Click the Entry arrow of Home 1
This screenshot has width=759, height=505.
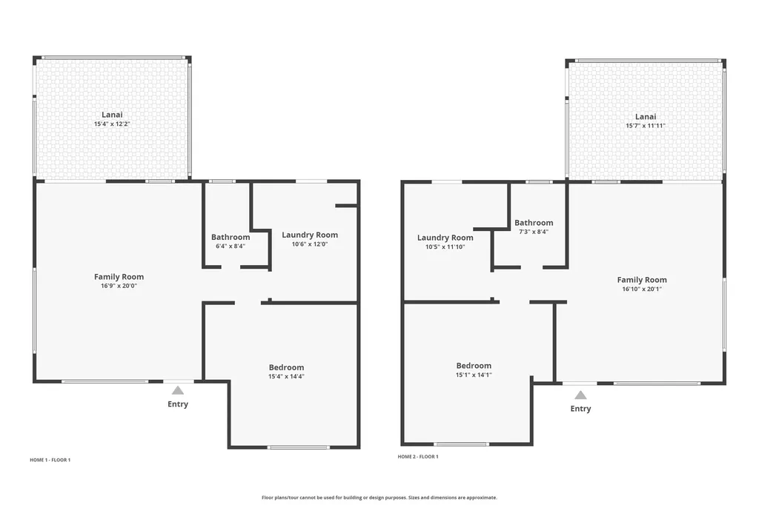point(177,389)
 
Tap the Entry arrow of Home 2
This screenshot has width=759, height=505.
point(580,395)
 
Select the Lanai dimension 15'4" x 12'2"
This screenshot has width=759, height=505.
point(112,124)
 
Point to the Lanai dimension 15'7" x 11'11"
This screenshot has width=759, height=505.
point(646,126)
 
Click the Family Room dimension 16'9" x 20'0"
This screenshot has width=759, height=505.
point(119,286)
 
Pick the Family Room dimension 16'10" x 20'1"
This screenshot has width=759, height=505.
point(642,290)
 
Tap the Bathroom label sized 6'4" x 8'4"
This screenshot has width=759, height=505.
point(231,238)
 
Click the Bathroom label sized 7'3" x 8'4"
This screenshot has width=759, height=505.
point(534,223)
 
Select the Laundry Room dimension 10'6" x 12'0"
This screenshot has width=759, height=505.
point(310,244)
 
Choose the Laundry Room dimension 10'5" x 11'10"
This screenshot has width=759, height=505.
point(445,247)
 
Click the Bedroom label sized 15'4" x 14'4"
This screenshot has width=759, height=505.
point(286,367)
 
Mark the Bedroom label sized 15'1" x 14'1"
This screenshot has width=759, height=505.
point(474,366)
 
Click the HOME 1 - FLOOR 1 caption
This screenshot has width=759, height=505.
point(50,460)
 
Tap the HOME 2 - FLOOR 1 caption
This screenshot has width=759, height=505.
point(418,457)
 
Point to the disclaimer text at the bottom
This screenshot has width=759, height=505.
point(379,498)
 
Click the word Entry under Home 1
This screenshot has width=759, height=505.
point(178,404)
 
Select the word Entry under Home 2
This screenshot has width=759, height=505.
point(580,409)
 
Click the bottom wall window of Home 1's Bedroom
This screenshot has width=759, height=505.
point(299,447)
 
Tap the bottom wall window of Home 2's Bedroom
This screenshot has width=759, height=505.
point(461,444)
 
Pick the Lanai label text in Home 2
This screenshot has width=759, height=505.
point(646,117)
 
